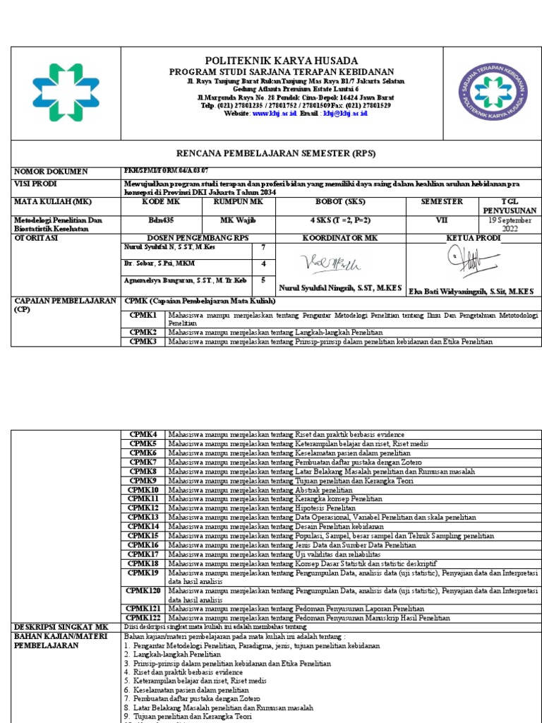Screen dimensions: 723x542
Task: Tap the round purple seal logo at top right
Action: tap(493, 92)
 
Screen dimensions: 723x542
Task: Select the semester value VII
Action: tap(442, 220)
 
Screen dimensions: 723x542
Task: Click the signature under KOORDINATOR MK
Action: tap(321, 264)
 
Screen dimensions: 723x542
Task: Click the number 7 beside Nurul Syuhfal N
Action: tap(264, 248)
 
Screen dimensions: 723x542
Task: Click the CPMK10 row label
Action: tap(144, 489)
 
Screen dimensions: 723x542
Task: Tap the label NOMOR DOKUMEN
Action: tap(52, 172)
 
